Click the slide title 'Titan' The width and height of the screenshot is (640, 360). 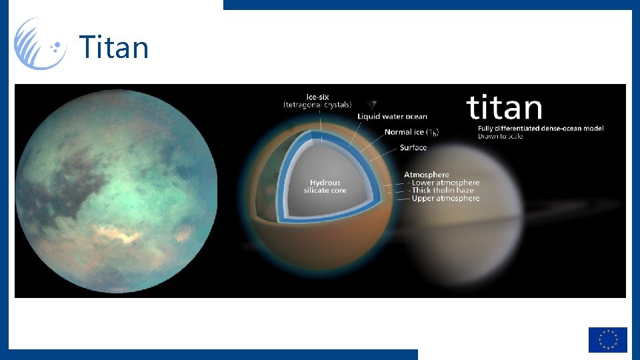coord(114,47)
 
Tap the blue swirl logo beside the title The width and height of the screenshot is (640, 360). coord(40,43)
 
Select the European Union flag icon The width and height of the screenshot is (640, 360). coord(607,339)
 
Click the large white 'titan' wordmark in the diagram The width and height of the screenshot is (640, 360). coord(504,108)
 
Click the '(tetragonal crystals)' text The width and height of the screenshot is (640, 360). coord(317,105)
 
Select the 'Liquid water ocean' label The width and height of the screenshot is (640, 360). coord(392,117)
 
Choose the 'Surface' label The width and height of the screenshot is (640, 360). coord(413,147)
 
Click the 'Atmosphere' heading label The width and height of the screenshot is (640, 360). coord(427,175)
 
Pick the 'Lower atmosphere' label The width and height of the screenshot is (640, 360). coord(445,183)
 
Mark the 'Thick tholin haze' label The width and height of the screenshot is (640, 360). coord(443,191)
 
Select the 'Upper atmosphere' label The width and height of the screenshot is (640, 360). coord(445,199)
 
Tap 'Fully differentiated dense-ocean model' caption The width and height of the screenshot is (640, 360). coord(540,129)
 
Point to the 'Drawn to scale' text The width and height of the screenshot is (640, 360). coord(500,137)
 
